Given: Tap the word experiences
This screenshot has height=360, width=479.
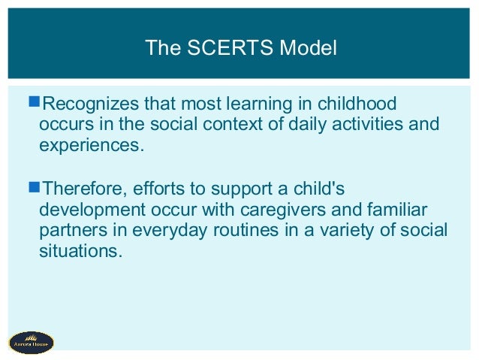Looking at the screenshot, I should tap(89, 144).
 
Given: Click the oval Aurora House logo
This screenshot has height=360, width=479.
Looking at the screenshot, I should tap(32, 342).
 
